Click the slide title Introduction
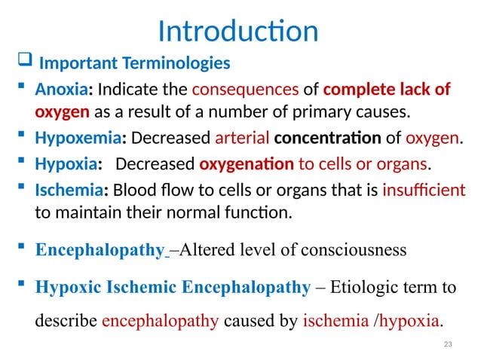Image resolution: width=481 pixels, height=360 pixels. (238, 31)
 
